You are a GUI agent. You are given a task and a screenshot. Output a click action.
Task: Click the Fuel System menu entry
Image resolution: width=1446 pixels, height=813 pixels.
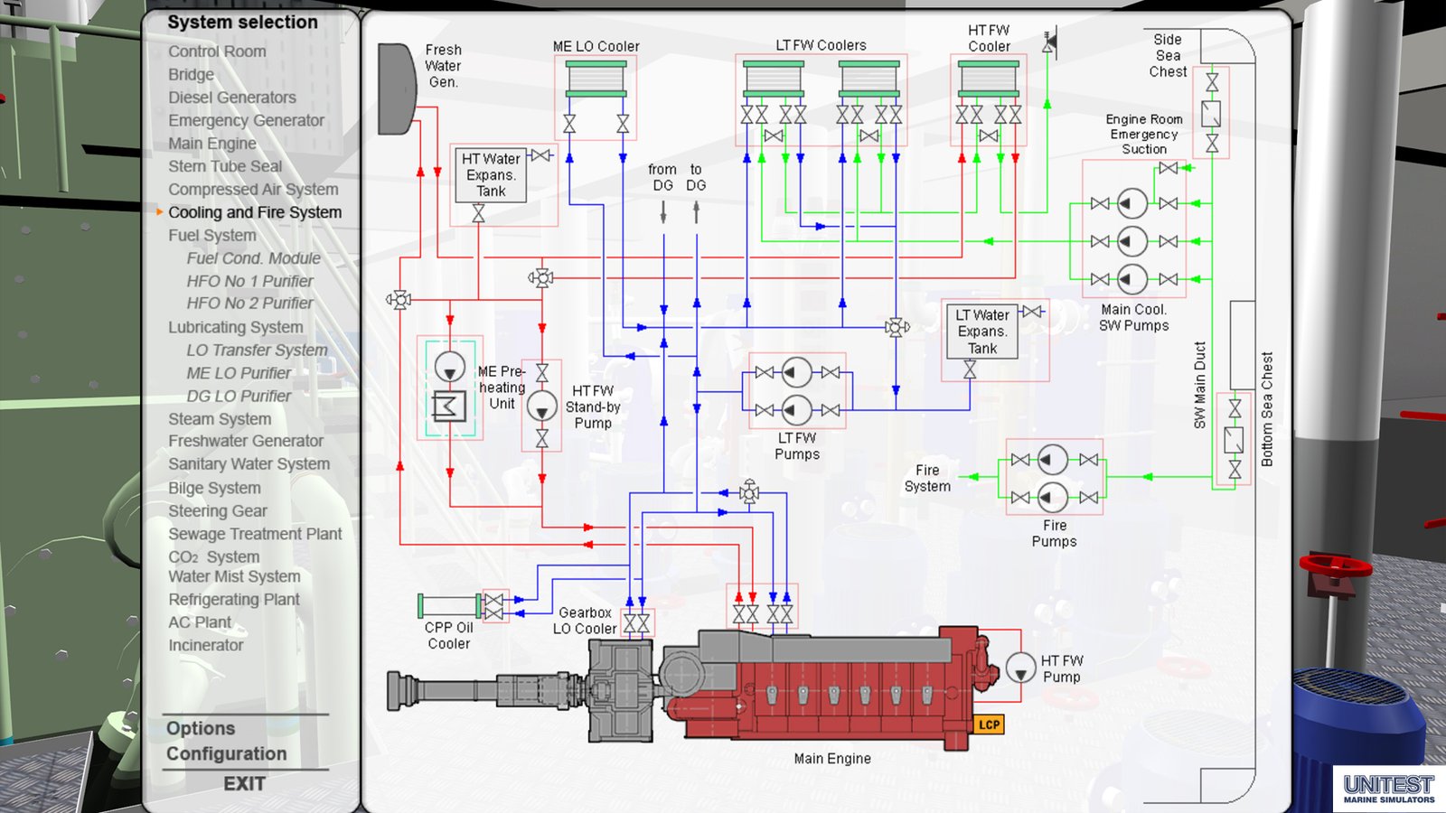(211, 235)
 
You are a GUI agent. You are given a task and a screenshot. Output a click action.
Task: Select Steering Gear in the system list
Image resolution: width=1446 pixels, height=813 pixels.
(217, 510)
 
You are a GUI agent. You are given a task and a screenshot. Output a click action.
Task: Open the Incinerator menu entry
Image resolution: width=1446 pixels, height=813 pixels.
(205, 645)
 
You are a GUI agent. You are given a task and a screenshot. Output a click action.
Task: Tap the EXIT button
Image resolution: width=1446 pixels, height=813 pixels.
(244, 784)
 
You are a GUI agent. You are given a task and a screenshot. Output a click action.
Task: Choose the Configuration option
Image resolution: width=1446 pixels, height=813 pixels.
(226, 753)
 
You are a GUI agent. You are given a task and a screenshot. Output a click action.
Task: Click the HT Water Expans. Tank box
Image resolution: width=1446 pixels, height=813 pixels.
(491, 174)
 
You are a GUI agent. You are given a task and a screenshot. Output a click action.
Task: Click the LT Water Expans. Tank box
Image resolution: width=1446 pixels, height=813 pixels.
(981, 332)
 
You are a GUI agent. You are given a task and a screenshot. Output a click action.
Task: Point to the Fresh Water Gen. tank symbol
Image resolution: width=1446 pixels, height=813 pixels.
(395, 89)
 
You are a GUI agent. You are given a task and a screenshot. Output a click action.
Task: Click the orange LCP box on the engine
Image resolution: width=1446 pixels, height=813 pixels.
(989, 724)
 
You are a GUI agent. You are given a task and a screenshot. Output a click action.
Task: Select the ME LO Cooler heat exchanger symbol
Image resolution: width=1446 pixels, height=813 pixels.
(596, 79)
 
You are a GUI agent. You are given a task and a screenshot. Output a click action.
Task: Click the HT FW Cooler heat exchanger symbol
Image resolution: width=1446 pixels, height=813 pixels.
(988, 79)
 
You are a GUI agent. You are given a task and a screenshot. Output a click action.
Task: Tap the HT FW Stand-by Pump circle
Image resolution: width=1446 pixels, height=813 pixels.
(541, 406)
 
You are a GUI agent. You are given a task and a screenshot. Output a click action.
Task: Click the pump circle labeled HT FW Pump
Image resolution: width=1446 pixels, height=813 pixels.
(1020, 668)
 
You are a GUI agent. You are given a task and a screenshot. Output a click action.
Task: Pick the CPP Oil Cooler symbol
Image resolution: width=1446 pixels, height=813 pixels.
(449, 605)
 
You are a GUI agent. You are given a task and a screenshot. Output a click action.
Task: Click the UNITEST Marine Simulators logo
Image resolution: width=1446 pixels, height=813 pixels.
(1388, 789)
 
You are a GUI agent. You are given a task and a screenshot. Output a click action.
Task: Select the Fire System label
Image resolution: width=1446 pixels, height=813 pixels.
(927, 478)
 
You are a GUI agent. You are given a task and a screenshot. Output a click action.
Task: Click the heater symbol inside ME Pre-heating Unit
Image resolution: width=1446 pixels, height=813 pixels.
(449, 406)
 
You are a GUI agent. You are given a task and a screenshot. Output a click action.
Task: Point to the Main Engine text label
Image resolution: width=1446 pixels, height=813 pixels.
(831, 759)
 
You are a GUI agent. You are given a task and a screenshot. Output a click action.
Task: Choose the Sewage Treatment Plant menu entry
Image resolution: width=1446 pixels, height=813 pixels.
(255, 534)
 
